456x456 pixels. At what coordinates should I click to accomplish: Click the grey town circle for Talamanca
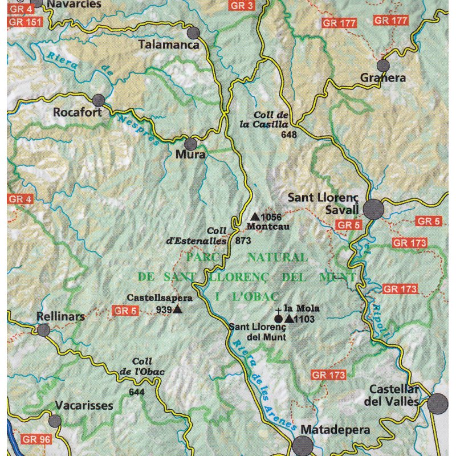(194, 32)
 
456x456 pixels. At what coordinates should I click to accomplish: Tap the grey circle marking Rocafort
(99, 100)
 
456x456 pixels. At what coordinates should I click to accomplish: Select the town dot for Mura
(190, 144)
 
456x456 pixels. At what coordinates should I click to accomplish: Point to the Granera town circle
(383, 66)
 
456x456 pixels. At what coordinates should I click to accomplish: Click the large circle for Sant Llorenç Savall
(374, 209)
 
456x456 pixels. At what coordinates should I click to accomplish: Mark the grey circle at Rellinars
(44, 329)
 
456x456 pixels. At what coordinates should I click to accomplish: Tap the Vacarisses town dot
(55, 421)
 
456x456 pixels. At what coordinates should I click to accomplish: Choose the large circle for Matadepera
(303, 446)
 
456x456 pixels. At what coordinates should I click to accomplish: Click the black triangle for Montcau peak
(255, 217)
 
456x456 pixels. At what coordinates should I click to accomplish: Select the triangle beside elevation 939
(177, 310)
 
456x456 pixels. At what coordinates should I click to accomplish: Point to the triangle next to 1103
(289, 319)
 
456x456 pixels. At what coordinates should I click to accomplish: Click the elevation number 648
(290, 135)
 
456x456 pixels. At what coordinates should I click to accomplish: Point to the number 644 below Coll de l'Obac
(137, 392)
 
